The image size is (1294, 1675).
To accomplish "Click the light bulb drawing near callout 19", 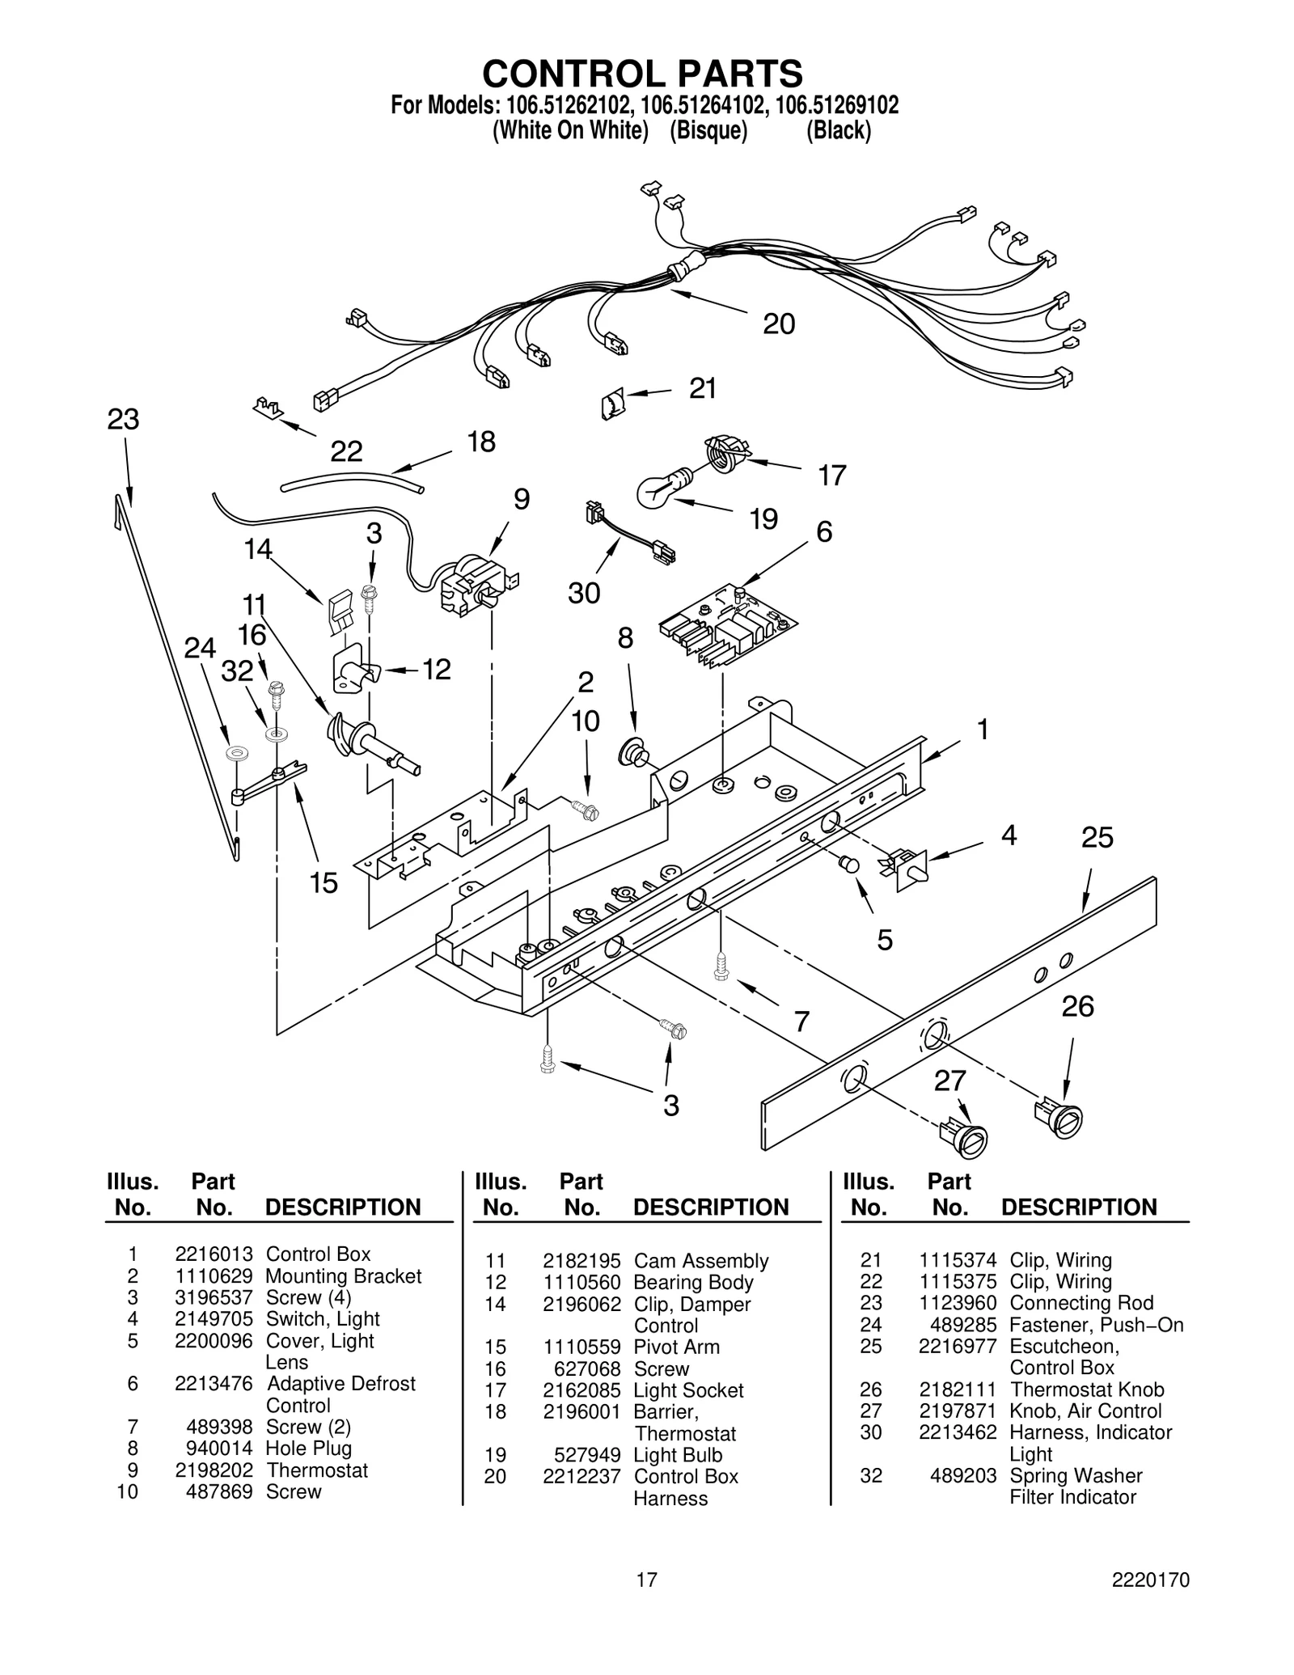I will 661,489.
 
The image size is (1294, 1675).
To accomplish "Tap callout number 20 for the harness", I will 779,324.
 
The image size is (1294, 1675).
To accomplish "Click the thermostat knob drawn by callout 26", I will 1060,1119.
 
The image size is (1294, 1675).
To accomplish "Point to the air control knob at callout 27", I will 965,1138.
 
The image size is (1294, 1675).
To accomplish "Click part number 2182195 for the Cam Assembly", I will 581,1261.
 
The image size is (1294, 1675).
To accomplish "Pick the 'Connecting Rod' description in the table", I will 1081,1303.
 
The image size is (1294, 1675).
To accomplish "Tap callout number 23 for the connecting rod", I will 123,419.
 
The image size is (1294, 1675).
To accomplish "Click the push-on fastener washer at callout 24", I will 237,753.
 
